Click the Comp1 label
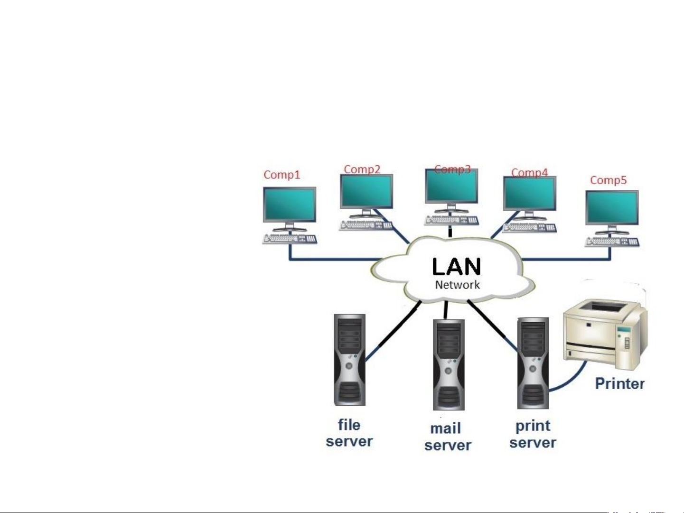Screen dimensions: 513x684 282,175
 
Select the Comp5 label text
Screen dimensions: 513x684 608,180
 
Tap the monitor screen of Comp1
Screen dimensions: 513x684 290,204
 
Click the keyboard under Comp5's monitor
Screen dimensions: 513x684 612,242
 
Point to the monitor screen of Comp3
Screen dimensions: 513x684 451,186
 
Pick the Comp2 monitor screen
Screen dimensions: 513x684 366,191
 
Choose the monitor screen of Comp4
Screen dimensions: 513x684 530,193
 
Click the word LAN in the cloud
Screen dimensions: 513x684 457,267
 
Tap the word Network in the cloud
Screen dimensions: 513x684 458,285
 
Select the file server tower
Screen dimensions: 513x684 350,359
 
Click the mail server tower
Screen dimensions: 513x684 449,364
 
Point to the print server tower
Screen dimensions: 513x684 533,363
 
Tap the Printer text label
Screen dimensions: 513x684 620,383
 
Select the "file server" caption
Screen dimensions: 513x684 349,433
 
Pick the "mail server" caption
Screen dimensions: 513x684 448,437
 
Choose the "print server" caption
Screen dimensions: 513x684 533,434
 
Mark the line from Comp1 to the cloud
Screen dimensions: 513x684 332,260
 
